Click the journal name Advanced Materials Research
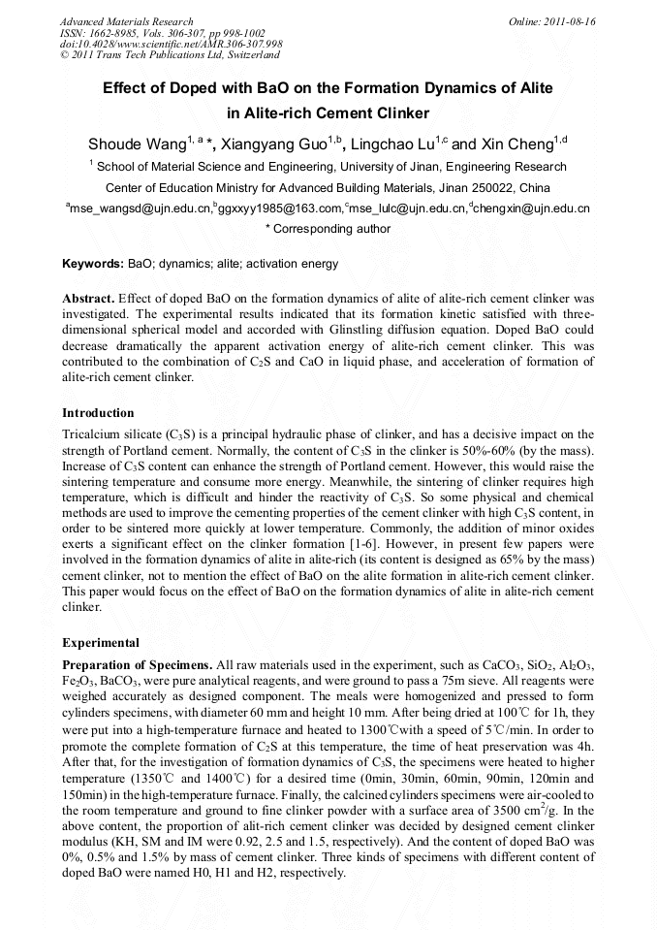[126, 21]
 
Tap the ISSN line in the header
[163, 33]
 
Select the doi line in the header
[171, 44]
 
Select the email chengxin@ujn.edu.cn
[532, 208]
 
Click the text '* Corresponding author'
[328, 229]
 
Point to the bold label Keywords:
[92, 264]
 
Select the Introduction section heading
[98, 412]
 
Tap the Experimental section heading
[101, 642]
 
